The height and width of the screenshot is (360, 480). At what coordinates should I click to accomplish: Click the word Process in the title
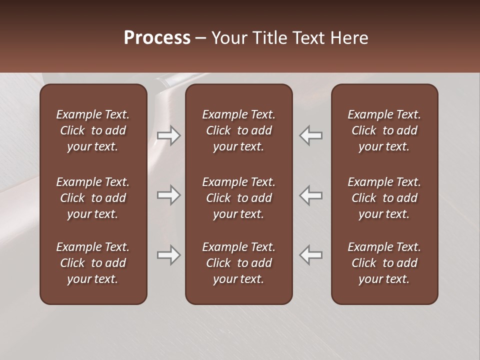point(157,38)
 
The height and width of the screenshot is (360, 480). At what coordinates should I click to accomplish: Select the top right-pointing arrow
point(168,135)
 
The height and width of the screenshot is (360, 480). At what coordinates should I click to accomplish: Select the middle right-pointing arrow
point(168,195)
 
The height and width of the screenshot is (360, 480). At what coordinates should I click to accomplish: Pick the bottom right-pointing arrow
point(168,255)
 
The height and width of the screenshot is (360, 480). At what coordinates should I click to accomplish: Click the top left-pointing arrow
point(311,135)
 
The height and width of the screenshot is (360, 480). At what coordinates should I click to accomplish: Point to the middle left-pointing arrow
point(311,195)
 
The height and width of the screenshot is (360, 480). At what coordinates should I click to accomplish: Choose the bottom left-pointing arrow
point(311,255)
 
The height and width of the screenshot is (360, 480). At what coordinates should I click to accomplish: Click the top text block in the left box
point(93,130)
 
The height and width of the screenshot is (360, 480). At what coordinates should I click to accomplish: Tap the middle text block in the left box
point(93,198)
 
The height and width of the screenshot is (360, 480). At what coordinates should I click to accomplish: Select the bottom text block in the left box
point(93,263)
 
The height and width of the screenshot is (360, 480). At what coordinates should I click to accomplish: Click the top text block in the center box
point(239,130)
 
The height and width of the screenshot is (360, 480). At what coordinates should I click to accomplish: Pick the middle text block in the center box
point(239,198)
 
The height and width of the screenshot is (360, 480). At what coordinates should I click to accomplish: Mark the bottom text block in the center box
point(239,263)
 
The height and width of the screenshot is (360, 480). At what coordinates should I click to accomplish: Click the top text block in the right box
point(384,130)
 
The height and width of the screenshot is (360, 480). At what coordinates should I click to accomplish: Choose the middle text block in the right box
point(384,198)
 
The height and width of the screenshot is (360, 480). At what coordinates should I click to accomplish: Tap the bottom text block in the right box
point(384,263)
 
